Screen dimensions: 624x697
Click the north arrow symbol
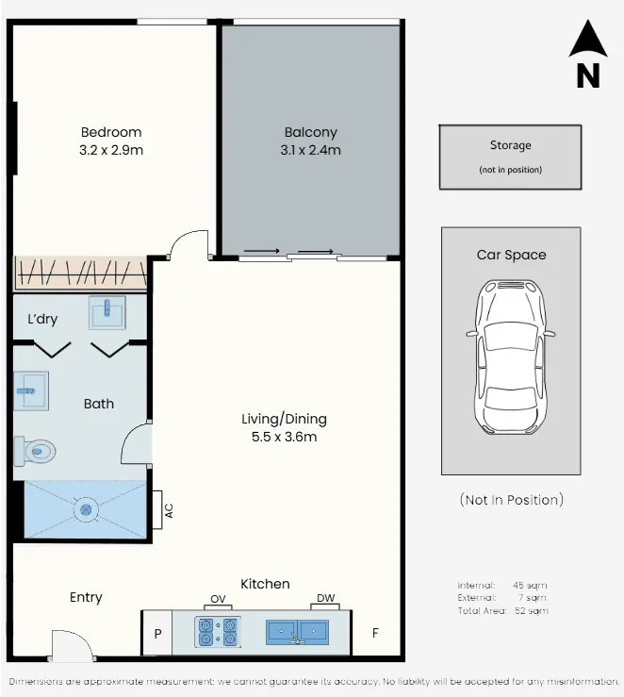(588, 39)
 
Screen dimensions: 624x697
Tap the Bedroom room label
(111, 132)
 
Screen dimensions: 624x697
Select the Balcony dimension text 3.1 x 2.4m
(310, 150)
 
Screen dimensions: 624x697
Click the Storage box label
(510, 145)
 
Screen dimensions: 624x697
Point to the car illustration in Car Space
(511, 357)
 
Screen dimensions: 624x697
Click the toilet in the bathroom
(35, 451)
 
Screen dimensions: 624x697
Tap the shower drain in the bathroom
(86, 509)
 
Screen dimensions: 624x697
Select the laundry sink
(107, 313)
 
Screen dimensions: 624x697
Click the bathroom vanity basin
(31, 391)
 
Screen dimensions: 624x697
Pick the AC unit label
(169, 510)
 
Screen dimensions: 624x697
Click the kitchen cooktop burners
(218, 632)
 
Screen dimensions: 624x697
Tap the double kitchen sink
(298, 633)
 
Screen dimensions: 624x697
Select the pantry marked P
(157, 634)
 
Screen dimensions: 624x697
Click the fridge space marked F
(375, 633)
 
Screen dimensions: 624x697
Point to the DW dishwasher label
(325, 598)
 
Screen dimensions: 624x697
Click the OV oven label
(218, 599)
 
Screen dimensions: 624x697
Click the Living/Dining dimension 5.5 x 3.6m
(285, 437)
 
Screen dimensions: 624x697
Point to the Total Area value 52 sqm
(532, 611)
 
